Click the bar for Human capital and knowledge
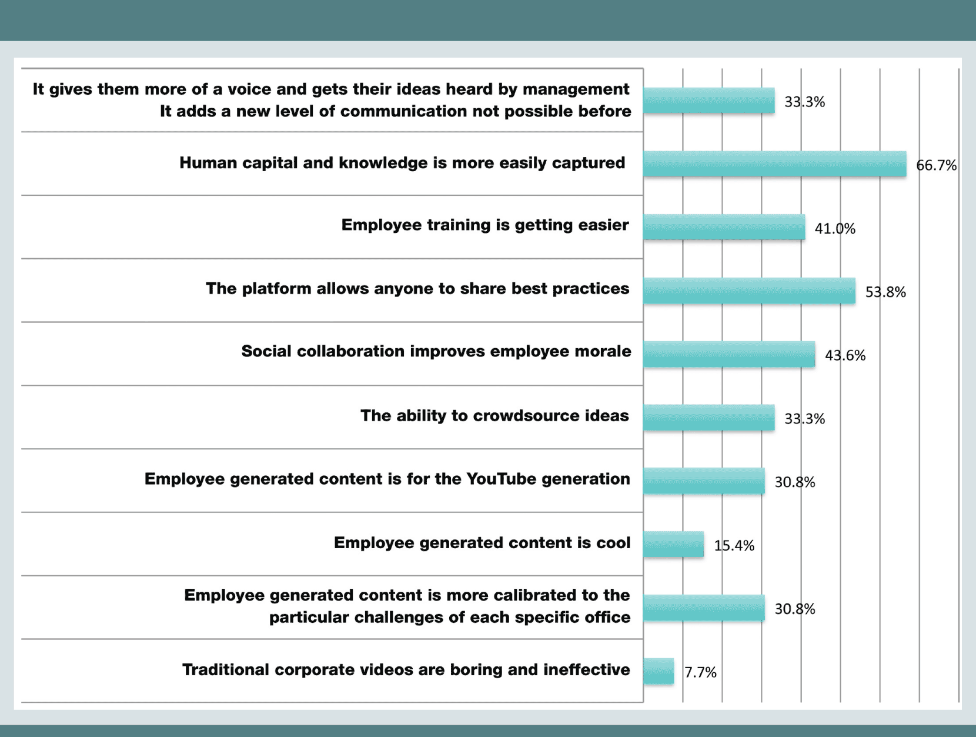774,164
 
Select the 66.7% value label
936,165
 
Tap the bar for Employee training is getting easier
724,227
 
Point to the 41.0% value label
835,229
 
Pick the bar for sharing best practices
749,291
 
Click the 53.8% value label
885,292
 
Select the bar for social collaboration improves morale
729,354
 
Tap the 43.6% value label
845,356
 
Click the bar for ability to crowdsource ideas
708,418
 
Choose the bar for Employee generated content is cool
673,544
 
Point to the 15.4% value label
734,546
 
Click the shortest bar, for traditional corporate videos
659,671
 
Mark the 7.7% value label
700,672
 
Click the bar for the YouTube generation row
704,481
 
